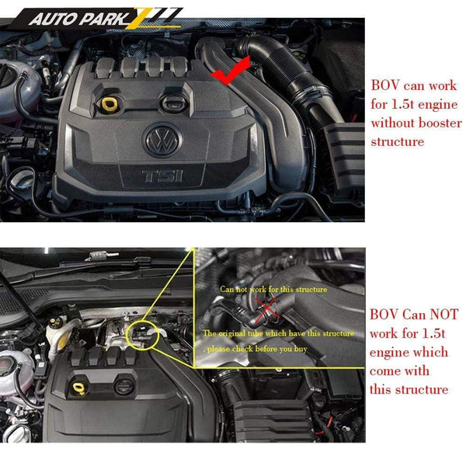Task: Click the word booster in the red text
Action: (438, 123)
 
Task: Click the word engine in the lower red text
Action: (392, 352)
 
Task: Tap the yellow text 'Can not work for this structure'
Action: (273, 289)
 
